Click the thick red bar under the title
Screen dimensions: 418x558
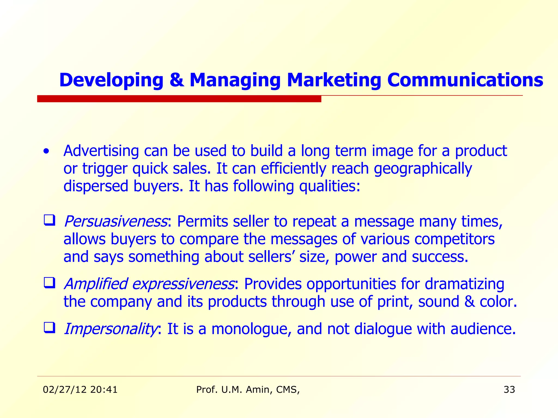179,99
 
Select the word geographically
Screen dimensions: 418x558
423,169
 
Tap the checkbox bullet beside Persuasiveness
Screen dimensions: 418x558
49,220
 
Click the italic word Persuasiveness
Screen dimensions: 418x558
116,221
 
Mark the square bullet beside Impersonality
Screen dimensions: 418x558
49,328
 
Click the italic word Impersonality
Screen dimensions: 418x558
110,329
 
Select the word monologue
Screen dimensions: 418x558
249,329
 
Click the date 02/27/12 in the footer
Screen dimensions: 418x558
65,390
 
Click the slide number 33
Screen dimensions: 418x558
509,390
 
